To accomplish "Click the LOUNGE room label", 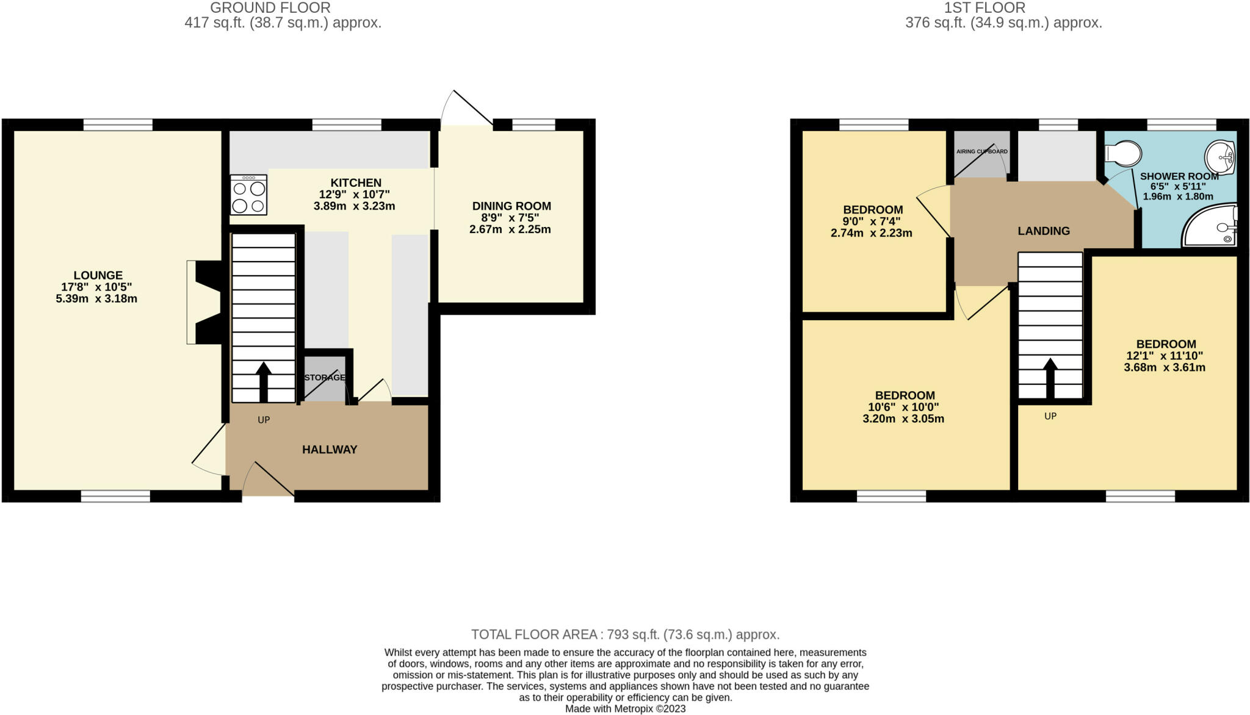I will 98,275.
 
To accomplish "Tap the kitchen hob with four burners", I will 248,195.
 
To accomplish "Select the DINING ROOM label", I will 511,206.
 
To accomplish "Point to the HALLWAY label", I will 330,450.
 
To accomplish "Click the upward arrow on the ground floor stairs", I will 264,381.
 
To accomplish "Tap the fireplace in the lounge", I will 206,302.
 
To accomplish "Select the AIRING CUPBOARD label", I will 981,151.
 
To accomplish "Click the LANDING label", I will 1044,231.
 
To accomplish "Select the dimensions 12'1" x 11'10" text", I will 1165,356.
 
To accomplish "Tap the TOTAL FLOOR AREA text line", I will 625,634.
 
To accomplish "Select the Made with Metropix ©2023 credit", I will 625,709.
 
